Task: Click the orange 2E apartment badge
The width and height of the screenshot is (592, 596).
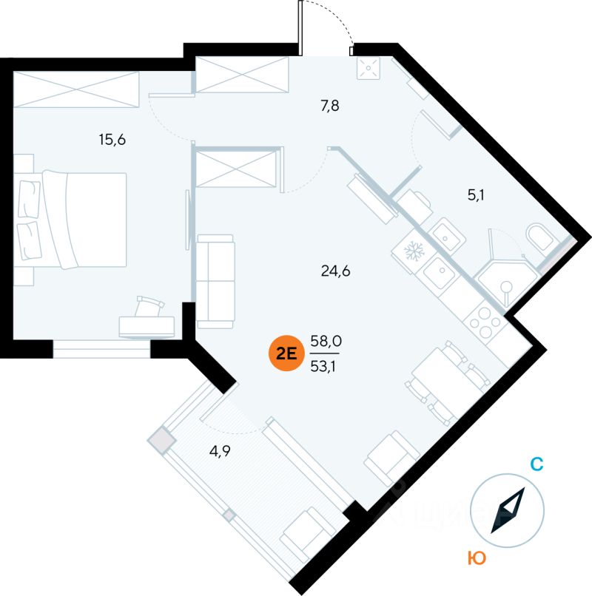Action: pyautogui.click(x=286, y=353)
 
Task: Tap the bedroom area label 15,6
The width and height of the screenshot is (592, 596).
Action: pyautogui.click(x=112, y=140)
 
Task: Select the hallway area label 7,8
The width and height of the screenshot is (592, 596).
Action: pyautogui.click(x=330, y=106)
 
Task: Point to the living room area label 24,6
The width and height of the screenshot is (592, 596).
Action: pyautogui.click(x=335, y=271)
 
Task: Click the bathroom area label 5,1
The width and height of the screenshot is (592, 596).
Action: pyautogui.click(x=476, y=195)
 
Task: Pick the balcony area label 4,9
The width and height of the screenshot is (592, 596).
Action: pyautogui.click(x=220, y=451)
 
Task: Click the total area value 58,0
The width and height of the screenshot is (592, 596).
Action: pyautogui.click(x=326, y=341)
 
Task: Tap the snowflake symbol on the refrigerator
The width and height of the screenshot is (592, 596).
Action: pyautogui.click(x=414, y=251)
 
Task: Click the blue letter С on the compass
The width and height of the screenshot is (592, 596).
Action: pyautogui.click(x=536, y=464)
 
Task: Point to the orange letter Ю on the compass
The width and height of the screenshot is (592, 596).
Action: pyautogui.click(x=477, y=558)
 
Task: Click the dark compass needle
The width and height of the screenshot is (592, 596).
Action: pyautogui.click(x=508, y=510)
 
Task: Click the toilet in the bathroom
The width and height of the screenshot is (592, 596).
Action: pyautogui.click(x=540, y=237)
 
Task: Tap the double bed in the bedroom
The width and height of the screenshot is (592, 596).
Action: pyautogui.click(x=73, y=220)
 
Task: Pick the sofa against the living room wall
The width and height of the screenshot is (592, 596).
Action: pyautogui.click(x=215, y=281)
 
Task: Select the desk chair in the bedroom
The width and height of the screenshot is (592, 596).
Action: pyautogui.click(x=149, y=306)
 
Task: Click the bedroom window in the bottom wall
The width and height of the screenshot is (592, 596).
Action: pyautogui.click(x=101, y=349)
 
